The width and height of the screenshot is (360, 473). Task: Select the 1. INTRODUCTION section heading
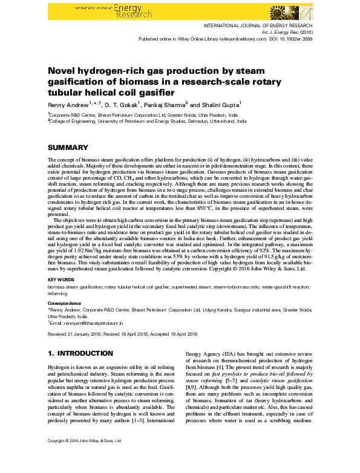80,353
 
